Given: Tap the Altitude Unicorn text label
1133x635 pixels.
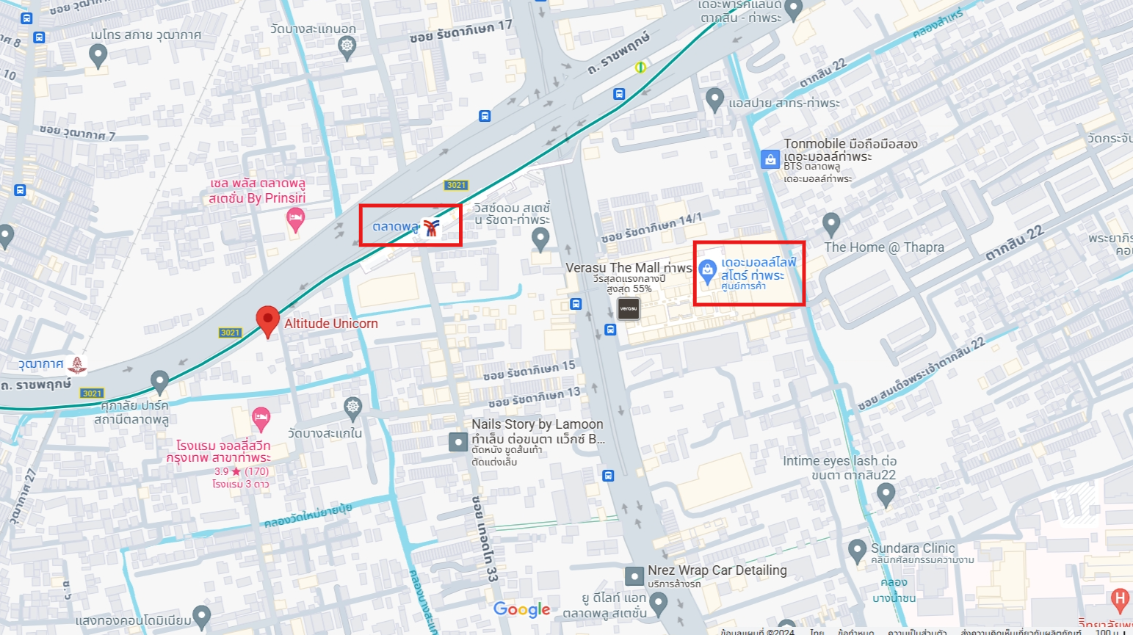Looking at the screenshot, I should click(331, 324).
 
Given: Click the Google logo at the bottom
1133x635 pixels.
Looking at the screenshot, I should click(521, 609).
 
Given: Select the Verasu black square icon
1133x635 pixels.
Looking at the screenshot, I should click(628, 309).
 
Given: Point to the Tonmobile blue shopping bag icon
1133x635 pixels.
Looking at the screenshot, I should click(770, 159).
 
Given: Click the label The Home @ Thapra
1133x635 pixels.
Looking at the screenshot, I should click(884, 247).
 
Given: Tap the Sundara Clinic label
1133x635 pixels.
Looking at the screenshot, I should click(913, 548).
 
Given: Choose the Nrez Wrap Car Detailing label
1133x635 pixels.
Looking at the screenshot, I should click(717, 570).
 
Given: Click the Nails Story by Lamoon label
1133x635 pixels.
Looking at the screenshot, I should click(537, 424).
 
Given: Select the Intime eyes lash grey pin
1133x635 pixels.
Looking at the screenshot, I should click(886, 495).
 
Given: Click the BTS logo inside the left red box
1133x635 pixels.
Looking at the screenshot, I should click(432, 228).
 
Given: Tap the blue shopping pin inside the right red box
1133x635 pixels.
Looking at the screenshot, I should click(707, 271).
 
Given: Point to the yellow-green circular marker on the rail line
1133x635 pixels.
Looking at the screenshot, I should click(640, 68).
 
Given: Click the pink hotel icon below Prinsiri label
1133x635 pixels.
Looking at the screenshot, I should click(295, 219).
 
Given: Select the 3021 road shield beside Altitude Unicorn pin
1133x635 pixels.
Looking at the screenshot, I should click(231, 333).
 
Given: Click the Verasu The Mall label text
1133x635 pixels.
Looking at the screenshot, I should click(629, 268).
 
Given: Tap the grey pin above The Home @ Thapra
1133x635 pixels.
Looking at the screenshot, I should click(830, 223).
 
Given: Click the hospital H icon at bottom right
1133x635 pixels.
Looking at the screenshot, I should click(1120, 599).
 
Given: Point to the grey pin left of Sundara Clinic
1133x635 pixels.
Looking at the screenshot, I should click(857, 550).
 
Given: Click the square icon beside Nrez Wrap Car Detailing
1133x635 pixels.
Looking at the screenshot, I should click(634, 576).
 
